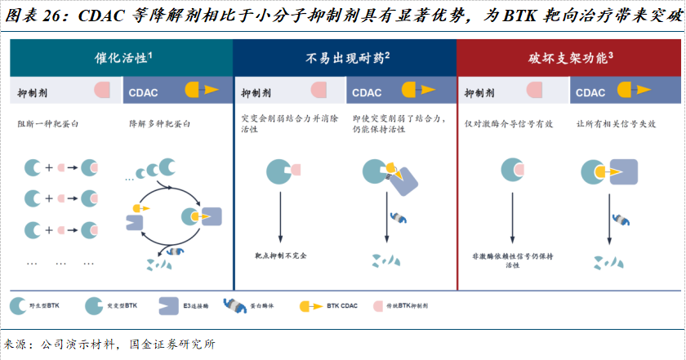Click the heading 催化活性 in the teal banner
[x=120, y=58]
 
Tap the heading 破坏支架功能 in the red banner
[x=568, y=58]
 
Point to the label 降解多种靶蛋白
[x=160, y=123]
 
